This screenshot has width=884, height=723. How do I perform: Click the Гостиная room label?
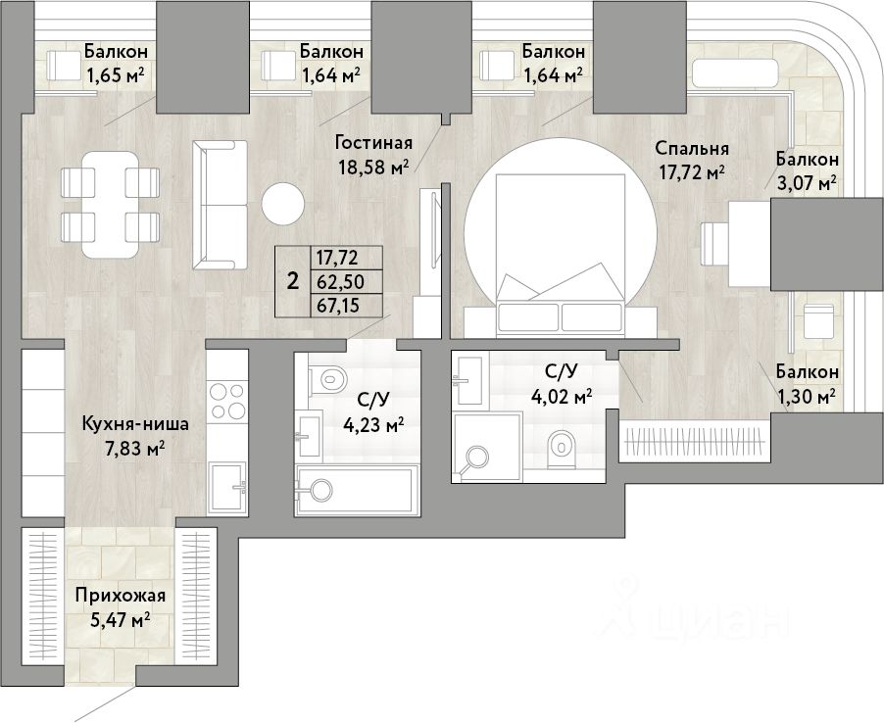tap(373, 143)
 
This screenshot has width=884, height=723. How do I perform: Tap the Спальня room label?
tap(692, 148)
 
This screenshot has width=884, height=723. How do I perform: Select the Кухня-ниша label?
tap(135, 424)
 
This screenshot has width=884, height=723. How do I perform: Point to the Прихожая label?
tap(121, 595)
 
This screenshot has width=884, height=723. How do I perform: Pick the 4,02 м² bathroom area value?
tap(562, 395)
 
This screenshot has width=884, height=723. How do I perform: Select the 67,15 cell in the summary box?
tap(340, 306)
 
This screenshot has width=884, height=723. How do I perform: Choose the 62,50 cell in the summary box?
tap(340, 281)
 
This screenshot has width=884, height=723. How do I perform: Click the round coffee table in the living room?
tap(283, 204)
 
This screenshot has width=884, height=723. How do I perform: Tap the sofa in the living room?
tap(220, 205)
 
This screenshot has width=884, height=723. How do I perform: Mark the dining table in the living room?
tap(110, 204)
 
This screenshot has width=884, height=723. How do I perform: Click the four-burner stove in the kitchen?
tap(227, 401)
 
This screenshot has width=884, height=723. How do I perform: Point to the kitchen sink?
tap(227, 487)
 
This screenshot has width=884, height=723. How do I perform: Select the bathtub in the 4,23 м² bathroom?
tap(358, 490)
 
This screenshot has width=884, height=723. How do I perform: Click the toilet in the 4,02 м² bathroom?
tap(560, 449)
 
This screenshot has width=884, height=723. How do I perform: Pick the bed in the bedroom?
tap(561, 255)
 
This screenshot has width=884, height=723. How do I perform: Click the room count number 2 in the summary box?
tap(293, 280)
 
